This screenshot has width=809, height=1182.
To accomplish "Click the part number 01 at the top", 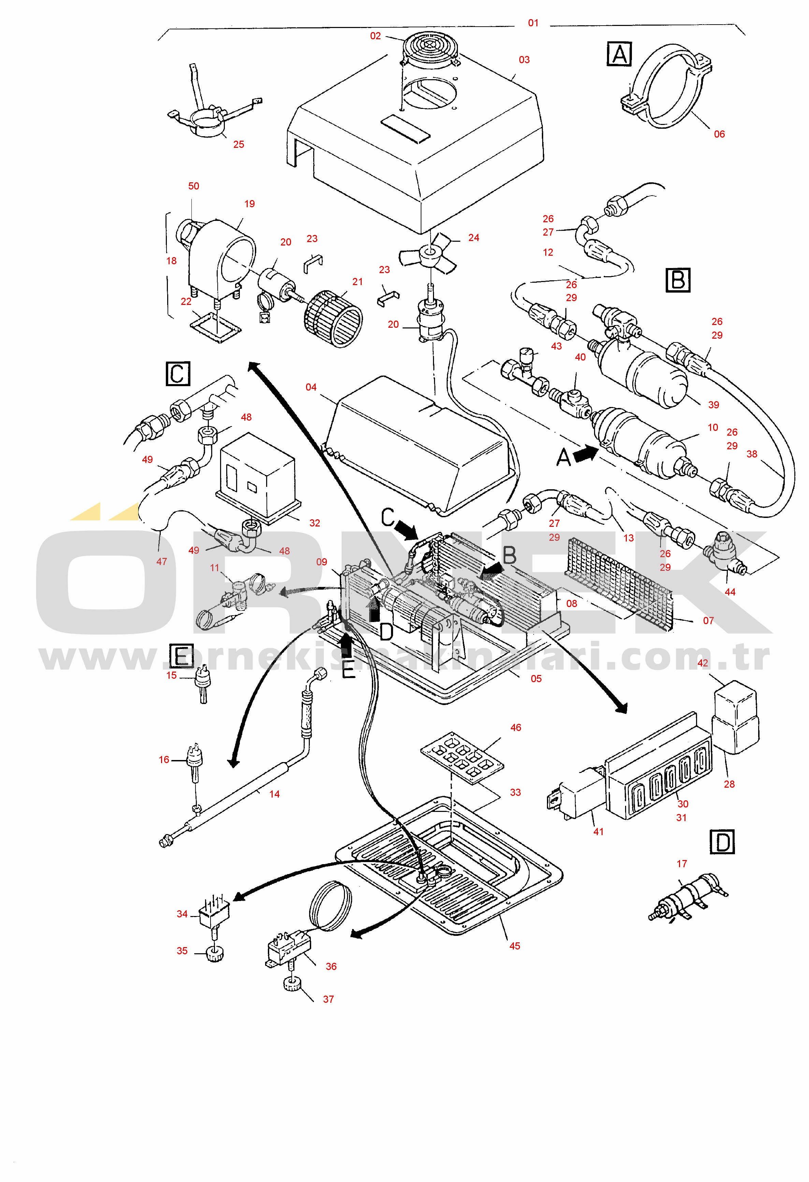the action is point(533,23).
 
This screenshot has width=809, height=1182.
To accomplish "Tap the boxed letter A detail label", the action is point(619,54).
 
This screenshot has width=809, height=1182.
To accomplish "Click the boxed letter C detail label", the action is point(178,374).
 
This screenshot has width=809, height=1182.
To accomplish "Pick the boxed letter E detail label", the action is point(182,656).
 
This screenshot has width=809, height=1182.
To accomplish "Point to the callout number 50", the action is point(193,186).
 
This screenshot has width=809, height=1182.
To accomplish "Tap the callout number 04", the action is point(311,387).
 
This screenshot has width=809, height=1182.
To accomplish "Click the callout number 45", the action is point(515,946).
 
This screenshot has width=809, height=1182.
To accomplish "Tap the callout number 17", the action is point(682,863).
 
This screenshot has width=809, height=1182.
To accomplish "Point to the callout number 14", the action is point(274,794).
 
